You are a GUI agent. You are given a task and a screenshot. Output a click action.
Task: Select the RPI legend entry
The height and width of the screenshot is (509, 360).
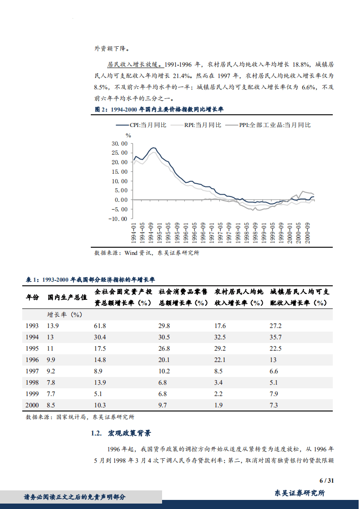click(203, 125)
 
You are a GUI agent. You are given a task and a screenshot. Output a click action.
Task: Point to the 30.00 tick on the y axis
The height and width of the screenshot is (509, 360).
click(119, 143)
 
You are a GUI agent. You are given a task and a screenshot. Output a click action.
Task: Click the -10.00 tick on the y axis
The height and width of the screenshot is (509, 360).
click(118, 219)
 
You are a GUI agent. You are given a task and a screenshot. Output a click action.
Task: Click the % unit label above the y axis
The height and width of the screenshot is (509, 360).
click(128, 135)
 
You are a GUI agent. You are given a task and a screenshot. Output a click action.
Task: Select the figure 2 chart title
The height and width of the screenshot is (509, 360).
click(158, 110)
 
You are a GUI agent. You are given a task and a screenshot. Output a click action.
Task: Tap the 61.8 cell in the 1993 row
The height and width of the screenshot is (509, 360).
click(100, 326)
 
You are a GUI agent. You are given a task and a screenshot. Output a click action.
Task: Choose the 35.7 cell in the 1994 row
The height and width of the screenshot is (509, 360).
click(276, 338)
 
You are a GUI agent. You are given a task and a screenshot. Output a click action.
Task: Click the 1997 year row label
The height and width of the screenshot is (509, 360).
click(32, 371)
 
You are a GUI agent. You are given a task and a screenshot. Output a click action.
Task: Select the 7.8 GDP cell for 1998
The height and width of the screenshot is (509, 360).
click(52, 382)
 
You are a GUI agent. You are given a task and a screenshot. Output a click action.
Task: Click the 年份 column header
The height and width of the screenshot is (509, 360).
click(32, 298)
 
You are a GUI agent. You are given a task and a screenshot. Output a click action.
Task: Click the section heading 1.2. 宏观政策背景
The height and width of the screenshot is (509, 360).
click(121, 434)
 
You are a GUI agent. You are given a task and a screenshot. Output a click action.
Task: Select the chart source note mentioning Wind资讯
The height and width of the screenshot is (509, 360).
click(146, 253)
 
